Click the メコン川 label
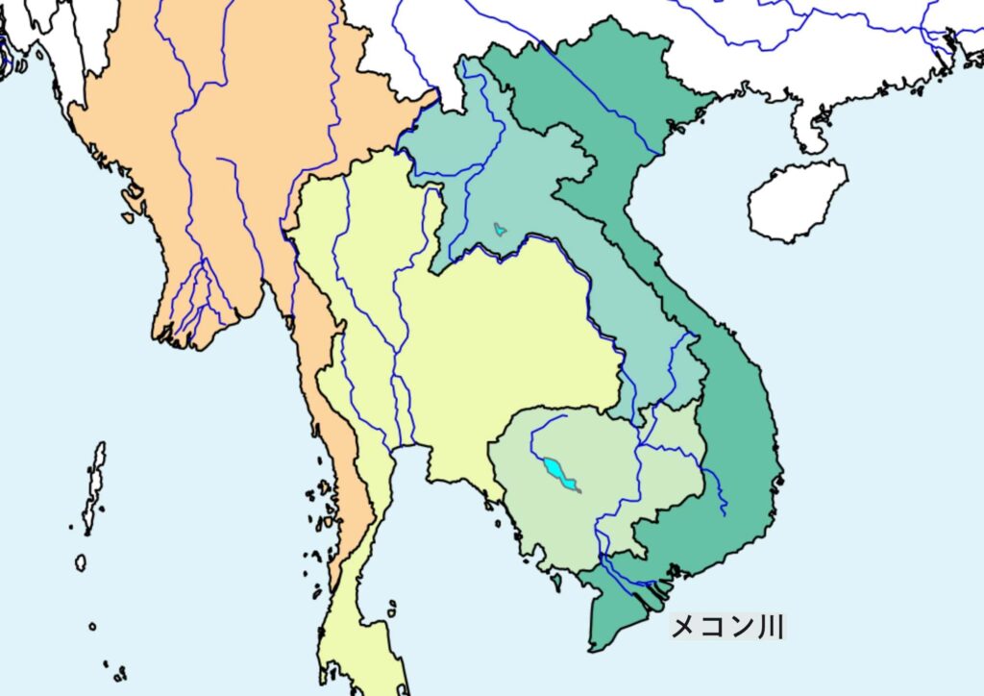coord(727,627)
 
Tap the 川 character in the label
coord(771,627)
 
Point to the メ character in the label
coord(684,627)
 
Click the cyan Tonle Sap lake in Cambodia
coord(556,472)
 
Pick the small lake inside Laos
coord(499,229)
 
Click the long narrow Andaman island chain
coord(94,485)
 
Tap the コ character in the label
coord(712,627)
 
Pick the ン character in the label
coord(741,627)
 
